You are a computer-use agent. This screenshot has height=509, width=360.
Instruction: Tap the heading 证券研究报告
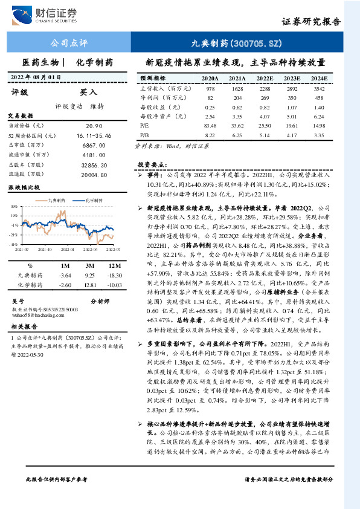coord(310,21)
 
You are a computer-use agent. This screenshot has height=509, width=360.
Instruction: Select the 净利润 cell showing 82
coord(210,97)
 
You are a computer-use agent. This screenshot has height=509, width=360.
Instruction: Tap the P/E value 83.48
coord(210,125)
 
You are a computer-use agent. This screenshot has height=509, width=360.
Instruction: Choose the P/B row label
coord(144,134)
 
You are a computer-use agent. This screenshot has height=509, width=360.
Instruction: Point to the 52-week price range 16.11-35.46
coord(97,135)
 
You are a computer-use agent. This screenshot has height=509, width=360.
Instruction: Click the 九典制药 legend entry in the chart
coord(57,200)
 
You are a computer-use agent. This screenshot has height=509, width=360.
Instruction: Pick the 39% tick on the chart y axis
coord(13,206)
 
